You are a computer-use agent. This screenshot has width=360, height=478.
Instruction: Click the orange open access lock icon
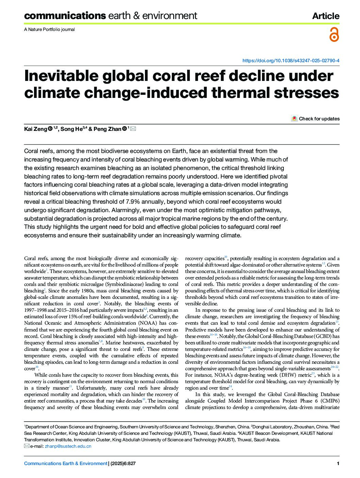334,35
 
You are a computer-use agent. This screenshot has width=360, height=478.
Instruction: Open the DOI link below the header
291,61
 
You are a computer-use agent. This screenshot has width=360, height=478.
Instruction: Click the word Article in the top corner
326,16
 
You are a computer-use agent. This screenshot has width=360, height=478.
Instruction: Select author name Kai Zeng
35,129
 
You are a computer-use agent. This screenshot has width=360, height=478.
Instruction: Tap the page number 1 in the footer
338,463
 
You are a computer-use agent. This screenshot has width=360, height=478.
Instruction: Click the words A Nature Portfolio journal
49,29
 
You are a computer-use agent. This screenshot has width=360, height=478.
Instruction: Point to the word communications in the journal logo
65,16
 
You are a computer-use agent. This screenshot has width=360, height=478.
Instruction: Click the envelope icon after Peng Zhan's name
133,129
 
